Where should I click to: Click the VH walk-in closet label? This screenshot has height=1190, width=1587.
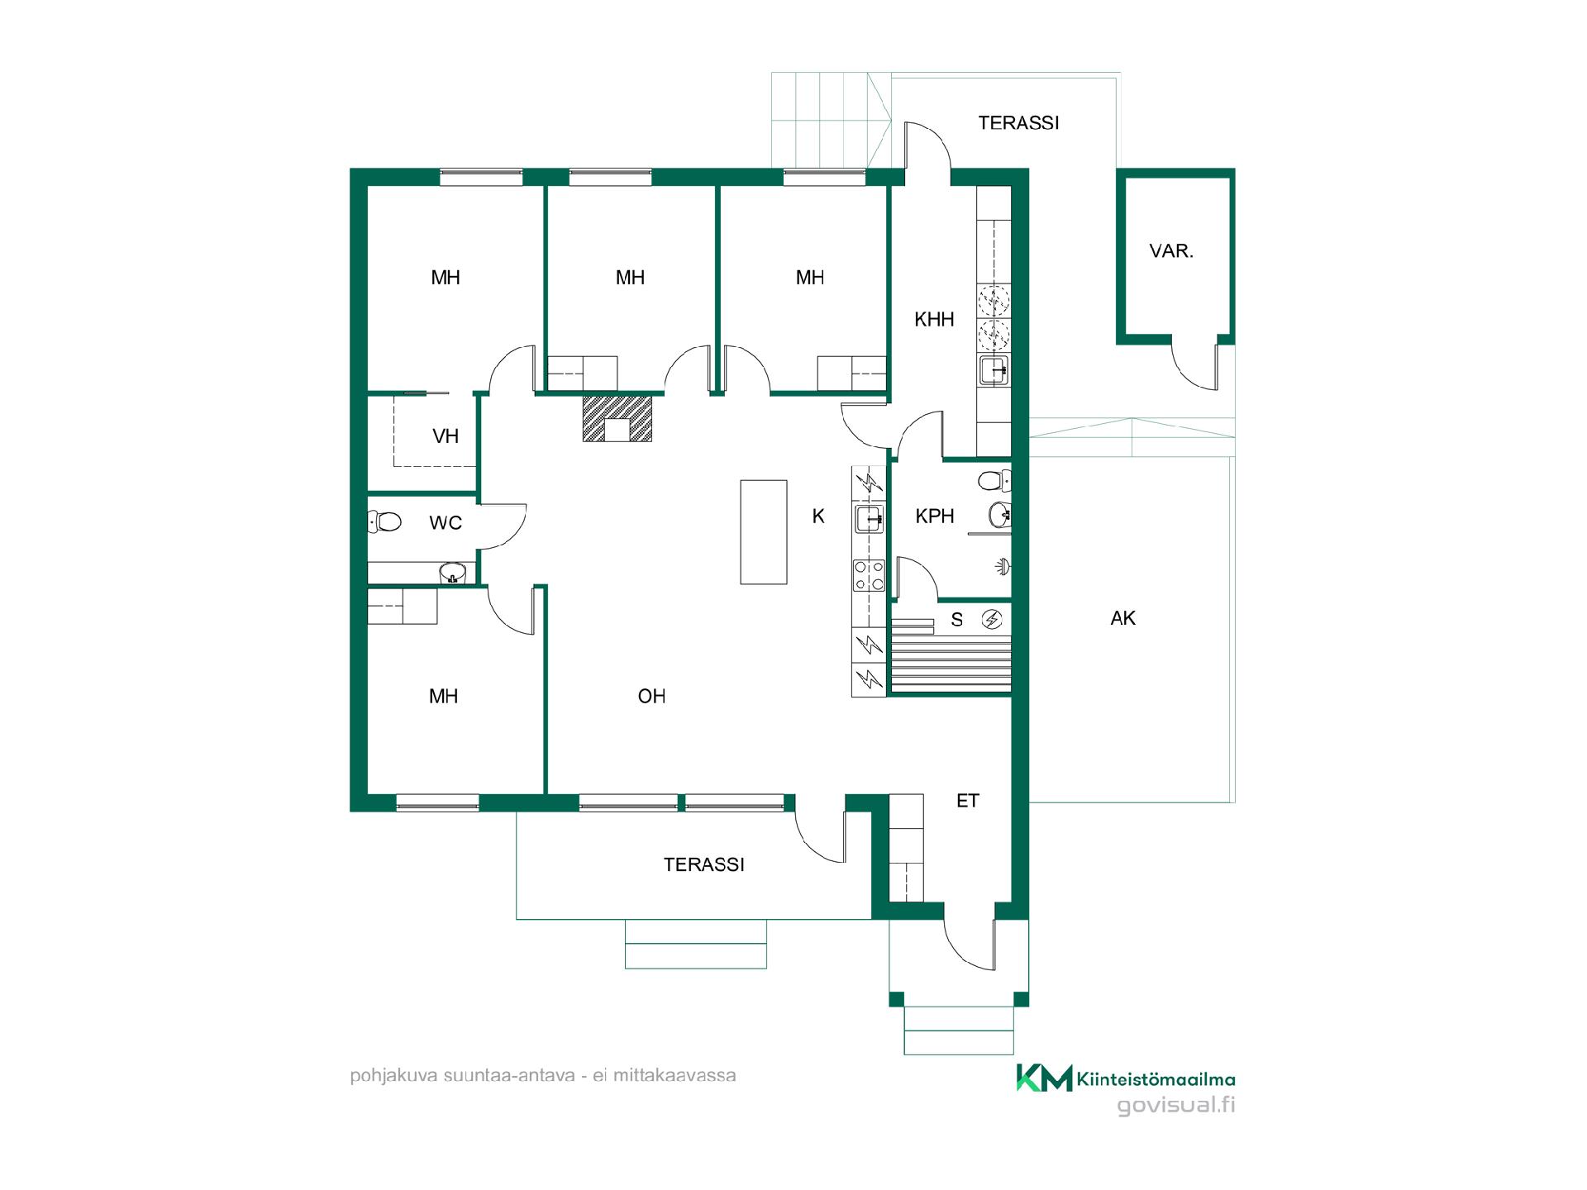coord(446,436)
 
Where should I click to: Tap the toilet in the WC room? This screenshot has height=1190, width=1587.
coord(384,521)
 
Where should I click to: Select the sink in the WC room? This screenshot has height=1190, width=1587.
coord(452,572)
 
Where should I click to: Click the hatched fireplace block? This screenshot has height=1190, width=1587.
coord(617,418)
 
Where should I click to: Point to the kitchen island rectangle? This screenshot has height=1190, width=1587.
coord(763,532)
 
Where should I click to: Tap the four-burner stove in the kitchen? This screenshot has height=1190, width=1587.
coord(869,575)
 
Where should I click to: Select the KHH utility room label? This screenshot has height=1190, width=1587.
coord(934,320)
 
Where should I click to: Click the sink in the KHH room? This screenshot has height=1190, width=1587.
coord(993,370)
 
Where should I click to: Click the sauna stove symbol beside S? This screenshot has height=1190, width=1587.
coord(992,619)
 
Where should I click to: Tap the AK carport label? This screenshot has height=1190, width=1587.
coord(1123,618)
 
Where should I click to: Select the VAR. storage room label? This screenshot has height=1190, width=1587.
coord(1171,251)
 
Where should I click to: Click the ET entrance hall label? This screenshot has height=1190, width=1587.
coord(968,801)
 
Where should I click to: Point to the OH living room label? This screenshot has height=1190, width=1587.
coord(651,697)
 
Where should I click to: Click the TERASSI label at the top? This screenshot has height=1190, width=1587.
coord(1018,123)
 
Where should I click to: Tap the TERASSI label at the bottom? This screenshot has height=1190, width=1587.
coord(704,865)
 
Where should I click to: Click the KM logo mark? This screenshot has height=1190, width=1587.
coord(1044,1078)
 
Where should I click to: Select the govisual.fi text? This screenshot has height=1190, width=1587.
coord(1176,1105)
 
